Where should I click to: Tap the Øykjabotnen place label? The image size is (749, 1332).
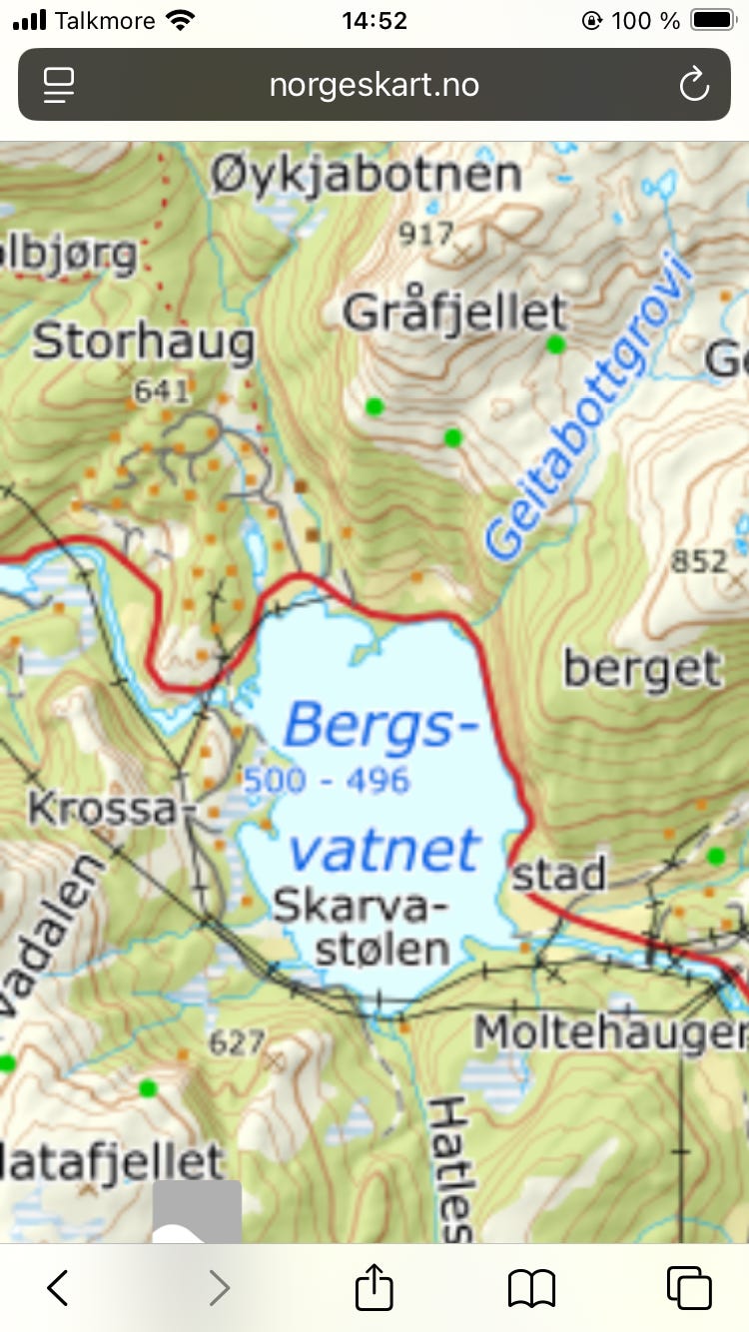tap(367, 176)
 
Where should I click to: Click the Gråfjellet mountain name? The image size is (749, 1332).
tap(454, 314)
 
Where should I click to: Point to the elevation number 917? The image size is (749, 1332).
tap(425, 235)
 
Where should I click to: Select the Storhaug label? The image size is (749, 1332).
tap(144, 342)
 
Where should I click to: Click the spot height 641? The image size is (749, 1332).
tap(161, 390)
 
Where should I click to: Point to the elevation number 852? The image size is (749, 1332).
tap(699, 562)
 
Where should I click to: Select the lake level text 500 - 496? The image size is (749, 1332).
tap(327, 780)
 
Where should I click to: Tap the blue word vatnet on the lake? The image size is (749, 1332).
tap(384, 850)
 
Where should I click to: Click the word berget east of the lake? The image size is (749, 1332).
tap(642, 668)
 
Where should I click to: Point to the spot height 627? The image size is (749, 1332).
tap(237, 1043)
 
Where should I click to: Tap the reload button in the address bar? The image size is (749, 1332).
tap(693, 86)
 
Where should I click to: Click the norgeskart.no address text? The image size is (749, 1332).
tap(374, 86)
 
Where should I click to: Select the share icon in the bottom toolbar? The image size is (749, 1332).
tap(374, 1287)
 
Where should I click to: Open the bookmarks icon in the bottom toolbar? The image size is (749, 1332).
tap(531, 1287)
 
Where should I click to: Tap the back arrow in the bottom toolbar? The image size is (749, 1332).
tap(58, 1287)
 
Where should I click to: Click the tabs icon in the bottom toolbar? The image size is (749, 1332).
tap(689, 1287)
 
